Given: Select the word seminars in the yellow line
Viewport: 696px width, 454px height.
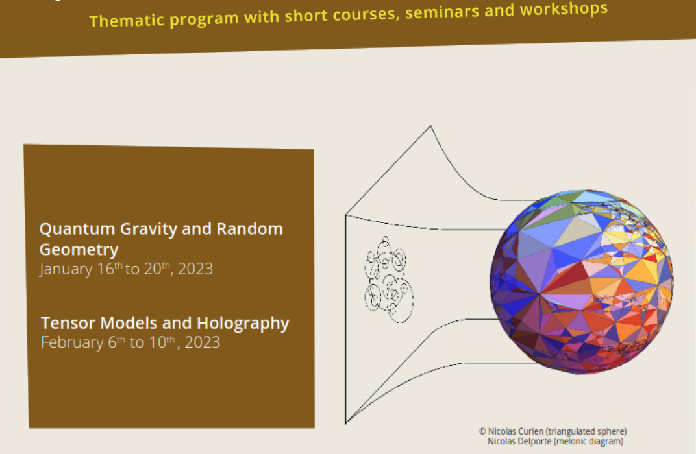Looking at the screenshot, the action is pyautogui.click(x=442, y=12).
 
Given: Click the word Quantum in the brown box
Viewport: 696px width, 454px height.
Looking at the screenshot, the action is pyautogui.click(x=77, y=229).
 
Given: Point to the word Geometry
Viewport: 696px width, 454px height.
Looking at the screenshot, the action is pyautogui.click(x=79, y=250).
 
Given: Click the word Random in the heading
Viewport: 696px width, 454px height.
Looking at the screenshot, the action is pyautogui.click(x=249, y=229).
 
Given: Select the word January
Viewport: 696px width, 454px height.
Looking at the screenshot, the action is pyautogui.click(x=67, y=269).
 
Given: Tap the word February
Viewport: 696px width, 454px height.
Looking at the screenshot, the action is pyautogui.click(x=72, y=342).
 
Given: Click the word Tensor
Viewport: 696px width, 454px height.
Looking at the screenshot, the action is pyautogui.click(x=68, y=323).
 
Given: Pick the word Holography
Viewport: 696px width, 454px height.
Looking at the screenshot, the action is pyautogui.click(x=243, y=324).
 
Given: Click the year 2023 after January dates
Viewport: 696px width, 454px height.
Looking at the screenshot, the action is pyautogui.click(x=195, y=269).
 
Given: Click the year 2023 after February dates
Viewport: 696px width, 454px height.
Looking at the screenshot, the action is pyautogui.click(x=203, y=342).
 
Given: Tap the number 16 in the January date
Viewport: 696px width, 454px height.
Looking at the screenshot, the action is pyautogui.click(x=106, y=269).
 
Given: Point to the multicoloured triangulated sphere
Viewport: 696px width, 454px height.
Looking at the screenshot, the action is pyautogui.click(x=582, y=282).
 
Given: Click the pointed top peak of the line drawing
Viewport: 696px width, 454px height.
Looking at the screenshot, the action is pyautogui.click(x=430, y=126).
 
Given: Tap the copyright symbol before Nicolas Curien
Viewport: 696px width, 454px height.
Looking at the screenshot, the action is pyautogui.click(x=482, y=431).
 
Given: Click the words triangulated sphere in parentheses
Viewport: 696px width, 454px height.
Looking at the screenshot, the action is pyautogui.click(x=586, y=431).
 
